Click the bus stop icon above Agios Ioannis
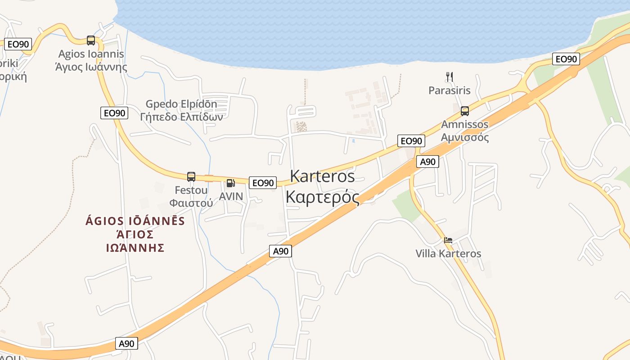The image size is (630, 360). tap(91, 40)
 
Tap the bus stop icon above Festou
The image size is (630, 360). tap(191, 176)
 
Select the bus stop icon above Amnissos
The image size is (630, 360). tap(465, 111)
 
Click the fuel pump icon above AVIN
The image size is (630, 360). tap(230, 183)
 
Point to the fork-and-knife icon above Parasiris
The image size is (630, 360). tap(449, 76)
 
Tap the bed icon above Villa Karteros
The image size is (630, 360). tap(448, 240)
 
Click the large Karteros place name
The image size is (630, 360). tap(322, 176)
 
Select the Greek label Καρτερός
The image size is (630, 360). tap(322, 197)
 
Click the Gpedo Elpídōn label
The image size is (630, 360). tap(181, 104)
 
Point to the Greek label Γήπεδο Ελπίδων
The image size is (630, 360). tap(181, 117)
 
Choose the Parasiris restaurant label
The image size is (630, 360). tap(449, 90)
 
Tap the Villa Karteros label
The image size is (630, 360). tap(448, 254)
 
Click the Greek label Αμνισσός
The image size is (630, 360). tap(465, 137)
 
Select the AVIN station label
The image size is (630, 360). tap(230, 197)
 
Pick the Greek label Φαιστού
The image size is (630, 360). tap(191, 202)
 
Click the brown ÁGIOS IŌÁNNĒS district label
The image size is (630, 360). tap(135, 221)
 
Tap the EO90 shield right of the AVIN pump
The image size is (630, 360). tap(262, 183)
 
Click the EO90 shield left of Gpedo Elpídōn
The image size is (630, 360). tap(114, 113)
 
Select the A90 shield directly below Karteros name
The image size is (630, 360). tap(281, 251)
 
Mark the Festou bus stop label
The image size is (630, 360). tap(191, 190)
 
